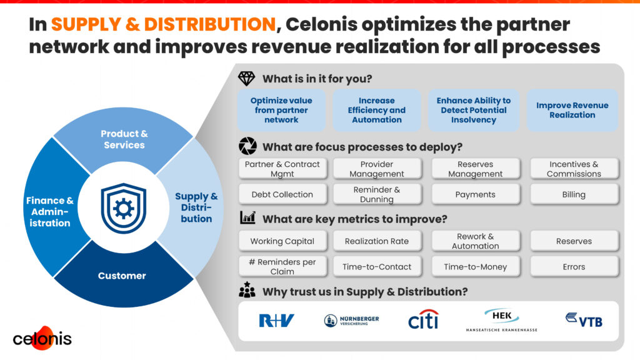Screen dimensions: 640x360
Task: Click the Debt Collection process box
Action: pyautogui.click(x=282, y=194)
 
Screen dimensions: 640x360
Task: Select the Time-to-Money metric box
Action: pyautogui.click(x=476, y=266)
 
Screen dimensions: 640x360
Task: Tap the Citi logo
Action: pyautogui.click(x=423, y=319)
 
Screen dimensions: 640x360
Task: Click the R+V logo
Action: pyautogui.click(x=276, y=321)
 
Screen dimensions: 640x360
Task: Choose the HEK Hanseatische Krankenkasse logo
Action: pyautogui.click(x=502, y=321)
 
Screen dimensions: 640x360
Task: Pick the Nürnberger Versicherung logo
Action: pyautogui.click(x=351, y=321)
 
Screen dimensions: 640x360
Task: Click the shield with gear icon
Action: pyautogui.click(x=124, y=208)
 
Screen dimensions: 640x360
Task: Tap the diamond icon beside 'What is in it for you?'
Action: pyautogui.click(x=246, y=78)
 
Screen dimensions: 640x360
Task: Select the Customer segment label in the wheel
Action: pyautogui.click(x=122, y=276)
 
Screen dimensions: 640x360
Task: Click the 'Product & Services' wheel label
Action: pyautogui.click(x=124, y=139)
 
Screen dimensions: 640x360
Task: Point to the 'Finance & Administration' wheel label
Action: pyautogui.click(x=50, y=212)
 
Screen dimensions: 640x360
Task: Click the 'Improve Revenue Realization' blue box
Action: pyautogui.click(x=572, y=110)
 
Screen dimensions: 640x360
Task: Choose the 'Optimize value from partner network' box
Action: pyautogui.click(x=281, y=110)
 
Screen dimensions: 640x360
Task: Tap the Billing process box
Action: pyautogui.click(x=574, y=194)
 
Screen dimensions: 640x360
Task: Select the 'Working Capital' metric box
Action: pyautogui.click(x=282, y=241)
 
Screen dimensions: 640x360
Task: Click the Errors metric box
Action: pyautogui.click(x=574, y=266)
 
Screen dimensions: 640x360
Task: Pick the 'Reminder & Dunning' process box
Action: pyautogui.click(x=377, y=194)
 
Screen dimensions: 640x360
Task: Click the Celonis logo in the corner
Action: pyautogui.click(x=42, y=338)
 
